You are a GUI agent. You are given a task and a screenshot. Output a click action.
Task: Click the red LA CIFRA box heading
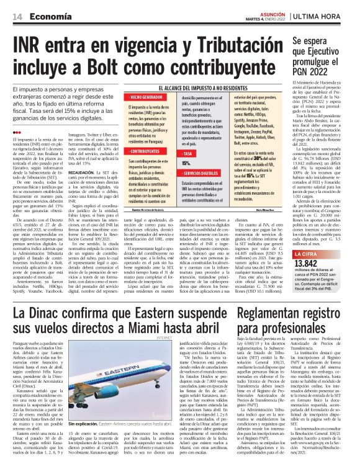[308, 237]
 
